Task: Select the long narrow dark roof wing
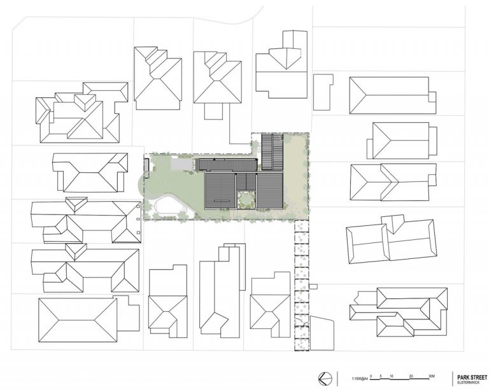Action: (227, 165)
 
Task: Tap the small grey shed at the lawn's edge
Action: (147, 167)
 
